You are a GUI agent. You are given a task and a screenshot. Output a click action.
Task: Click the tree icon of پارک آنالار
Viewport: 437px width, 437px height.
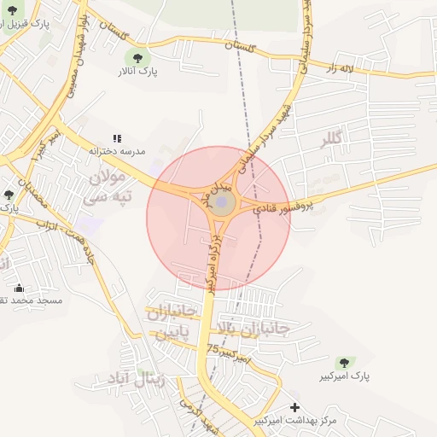click(x=137, y=58)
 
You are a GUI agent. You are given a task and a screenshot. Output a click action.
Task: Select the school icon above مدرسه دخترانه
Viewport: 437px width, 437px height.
click(x=118, y=137)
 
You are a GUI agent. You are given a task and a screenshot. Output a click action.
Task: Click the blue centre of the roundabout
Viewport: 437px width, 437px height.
click(x=223, y=204)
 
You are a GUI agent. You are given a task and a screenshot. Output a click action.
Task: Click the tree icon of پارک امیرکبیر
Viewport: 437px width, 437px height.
click(x=346, y=363)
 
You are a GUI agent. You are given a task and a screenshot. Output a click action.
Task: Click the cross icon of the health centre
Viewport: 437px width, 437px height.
click(x=295, y=407)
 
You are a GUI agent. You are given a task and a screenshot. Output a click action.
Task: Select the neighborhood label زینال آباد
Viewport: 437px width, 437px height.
click(x=138, y=378)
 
